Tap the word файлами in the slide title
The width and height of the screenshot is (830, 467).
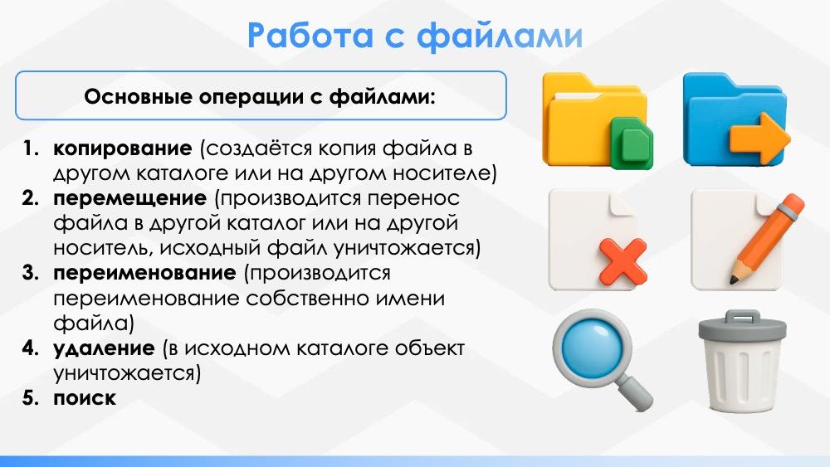tap(500, 36)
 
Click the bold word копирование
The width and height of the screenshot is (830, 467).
tap(123, 148)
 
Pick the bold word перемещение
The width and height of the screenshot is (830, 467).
tap(130, 198)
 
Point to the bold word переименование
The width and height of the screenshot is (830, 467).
tap(144, 273)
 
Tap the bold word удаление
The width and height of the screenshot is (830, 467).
tap(104, 348)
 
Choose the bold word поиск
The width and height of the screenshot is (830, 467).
tap(85, 398)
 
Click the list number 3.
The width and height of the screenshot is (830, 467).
tap(31, 273)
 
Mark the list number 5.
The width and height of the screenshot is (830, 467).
tap(31, 398)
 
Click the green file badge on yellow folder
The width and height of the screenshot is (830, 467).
tap(631, 143)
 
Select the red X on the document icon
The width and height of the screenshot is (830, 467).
tap(623, 260)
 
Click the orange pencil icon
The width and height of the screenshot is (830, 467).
tap(766, 239)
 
